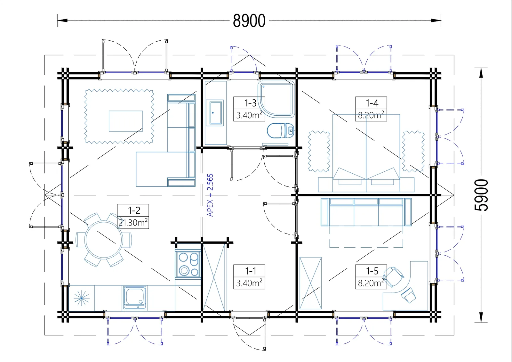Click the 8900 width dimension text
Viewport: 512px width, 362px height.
(249, 21)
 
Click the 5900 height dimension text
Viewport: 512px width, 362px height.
(481, 195)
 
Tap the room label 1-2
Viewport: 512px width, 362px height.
(134, 210)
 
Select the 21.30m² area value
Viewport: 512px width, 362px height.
(133, 222)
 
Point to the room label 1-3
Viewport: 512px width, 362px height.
(250, 103)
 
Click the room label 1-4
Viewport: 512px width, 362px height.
(372, 103)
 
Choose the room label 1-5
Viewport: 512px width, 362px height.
(372, 271)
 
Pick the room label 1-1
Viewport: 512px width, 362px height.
(250, 271)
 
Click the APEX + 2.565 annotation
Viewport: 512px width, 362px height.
(210, 195)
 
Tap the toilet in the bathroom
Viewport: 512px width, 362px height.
(280, 131)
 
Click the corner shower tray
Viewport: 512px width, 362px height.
(276, 99)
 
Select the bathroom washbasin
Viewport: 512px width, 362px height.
(216, 113)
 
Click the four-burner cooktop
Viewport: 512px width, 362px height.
(188, 265)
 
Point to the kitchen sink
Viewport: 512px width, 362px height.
(135, 298)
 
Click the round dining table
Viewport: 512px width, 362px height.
(104, 240)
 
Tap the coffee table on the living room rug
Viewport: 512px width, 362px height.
(126, 121)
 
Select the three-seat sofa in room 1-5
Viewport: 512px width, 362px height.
(366, 212)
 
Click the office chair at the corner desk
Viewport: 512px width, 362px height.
(393, 277)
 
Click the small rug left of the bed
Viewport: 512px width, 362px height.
(319, 152)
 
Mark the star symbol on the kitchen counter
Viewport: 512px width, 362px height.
(82, 298)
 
